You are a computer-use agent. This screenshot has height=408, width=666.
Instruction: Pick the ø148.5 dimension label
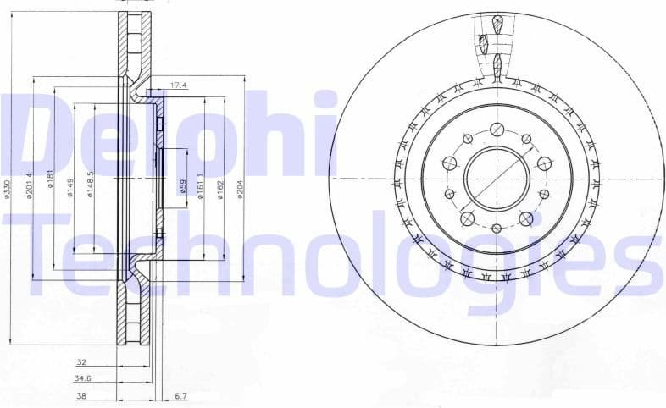click(x=91, y=184)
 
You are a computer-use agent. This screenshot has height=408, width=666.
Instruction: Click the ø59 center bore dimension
click(x=182, y=185)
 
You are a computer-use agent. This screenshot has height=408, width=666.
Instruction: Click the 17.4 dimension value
click(x=178, y=85)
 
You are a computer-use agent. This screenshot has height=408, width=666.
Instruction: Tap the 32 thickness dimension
click(x=81, y=361)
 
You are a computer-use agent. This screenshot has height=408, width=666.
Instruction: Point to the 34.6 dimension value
click(x=82, y=378)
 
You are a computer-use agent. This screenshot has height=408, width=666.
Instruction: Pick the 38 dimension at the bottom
click(x=80, y=394)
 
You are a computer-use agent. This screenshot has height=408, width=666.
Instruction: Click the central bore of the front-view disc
click(x=497, y=179)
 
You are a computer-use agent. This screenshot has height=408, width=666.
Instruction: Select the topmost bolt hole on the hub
click(x=497, y=130)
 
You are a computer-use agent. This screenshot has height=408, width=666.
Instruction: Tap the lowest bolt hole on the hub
click(x=497, y=228)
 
